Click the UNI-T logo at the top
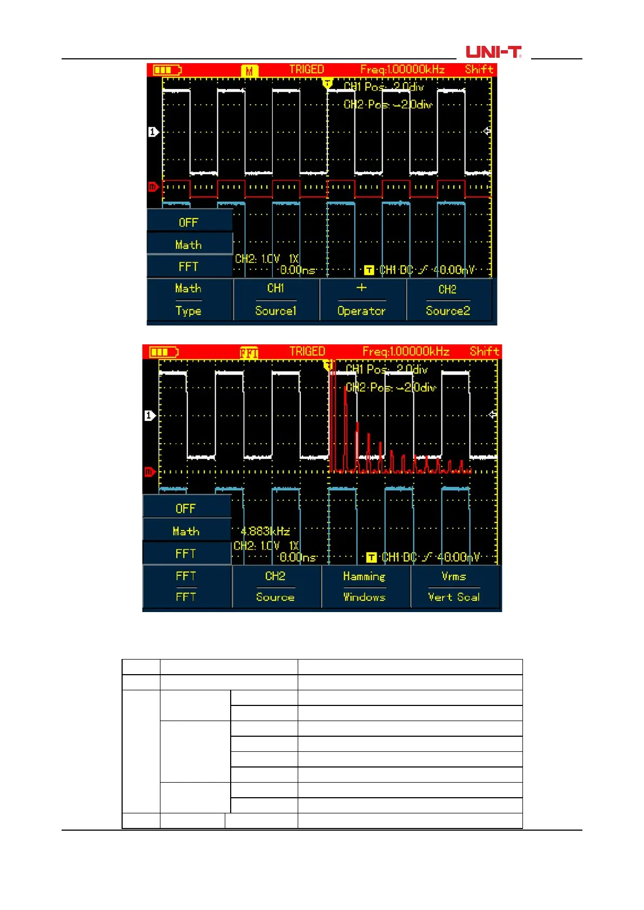point(493,52)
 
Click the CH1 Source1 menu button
point(276,300)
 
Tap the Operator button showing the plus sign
point(362,300)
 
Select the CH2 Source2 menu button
point(448,300)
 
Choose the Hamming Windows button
point(365,586)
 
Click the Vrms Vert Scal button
point(454,586)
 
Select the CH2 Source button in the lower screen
point(276,586)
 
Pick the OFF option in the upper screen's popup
point(189,222)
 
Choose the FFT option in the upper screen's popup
point(189,267)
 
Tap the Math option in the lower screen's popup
point(186,531)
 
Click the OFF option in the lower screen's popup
point(186,508)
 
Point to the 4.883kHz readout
point(265,531)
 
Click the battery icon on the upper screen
point(167,70)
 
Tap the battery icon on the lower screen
point(163,352)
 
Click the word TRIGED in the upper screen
point(306,70)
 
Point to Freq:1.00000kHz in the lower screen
point(406,351)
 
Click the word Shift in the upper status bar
point(479,70)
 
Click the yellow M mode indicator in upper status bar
point(249,71)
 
